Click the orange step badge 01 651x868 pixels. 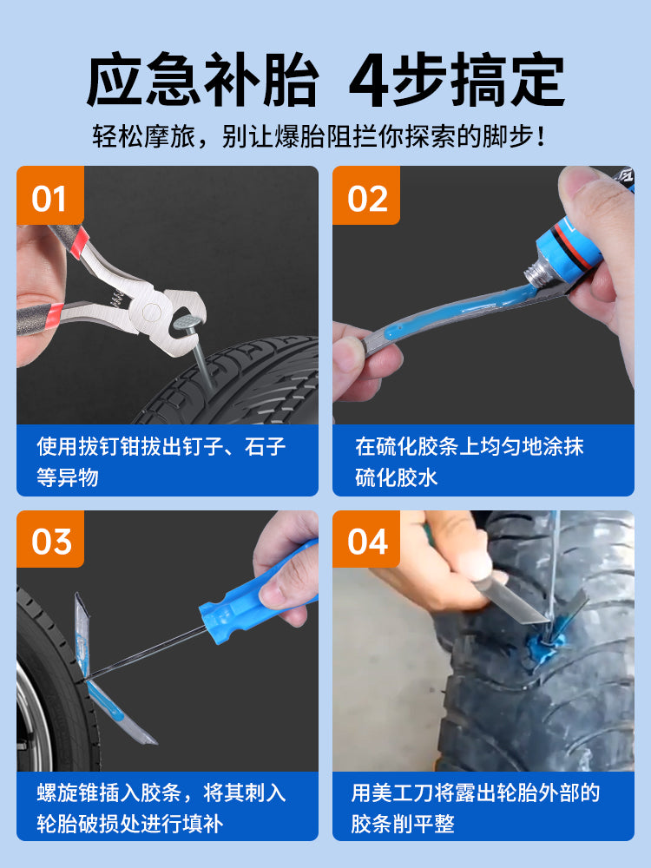[x=49, y=194]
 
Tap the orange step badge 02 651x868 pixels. [x=366, y=194]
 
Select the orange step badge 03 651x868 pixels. [x=49, y=539]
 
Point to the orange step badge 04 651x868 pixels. [x=366, y=539]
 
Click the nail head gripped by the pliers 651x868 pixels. [x=188, y=319]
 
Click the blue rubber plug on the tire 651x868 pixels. [x=545, y=645]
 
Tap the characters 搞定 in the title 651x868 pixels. [x=507, y=80]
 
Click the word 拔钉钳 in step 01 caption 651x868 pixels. [x=109, y=446]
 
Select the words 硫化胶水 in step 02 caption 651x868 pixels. [x=397, y=477]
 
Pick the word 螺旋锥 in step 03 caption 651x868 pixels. [x=68, y=792]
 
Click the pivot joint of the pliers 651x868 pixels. [x=152, y=312]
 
